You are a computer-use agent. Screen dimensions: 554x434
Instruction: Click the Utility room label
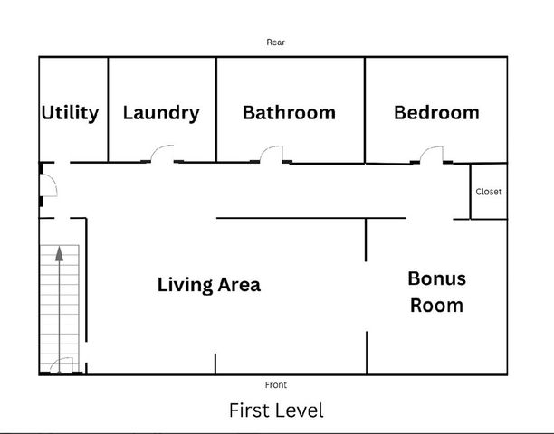pos(70,113)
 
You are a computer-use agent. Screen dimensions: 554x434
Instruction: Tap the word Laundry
pos(161,113)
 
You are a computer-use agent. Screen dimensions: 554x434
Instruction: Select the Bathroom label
pos(289,112)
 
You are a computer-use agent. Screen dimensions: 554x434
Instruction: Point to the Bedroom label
pos(436,112)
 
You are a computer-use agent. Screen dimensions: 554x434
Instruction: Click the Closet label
pos(489,192)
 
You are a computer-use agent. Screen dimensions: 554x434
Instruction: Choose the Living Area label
pos(209,285)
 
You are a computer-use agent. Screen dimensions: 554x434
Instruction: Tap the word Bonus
pos(436,278)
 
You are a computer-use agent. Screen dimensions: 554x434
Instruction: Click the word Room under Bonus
pos(436,306)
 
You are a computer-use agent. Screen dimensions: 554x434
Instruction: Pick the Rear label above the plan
pos(275,42)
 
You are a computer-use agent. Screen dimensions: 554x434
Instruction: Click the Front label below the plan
pos(276,384)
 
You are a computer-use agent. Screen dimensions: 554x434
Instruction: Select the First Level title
pos(276,410)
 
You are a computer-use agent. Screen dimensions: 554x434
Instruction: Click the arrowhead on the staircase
pos(60,254)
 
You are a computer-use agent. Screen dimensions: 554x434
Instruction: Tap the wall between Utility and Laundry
pos(108,109)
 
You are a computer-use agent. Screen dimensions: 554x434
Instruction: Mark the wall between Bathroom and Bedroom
pos(365,110)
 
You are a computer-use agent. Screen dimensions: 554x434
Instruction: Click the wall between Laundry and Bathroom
pos(216,109)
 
